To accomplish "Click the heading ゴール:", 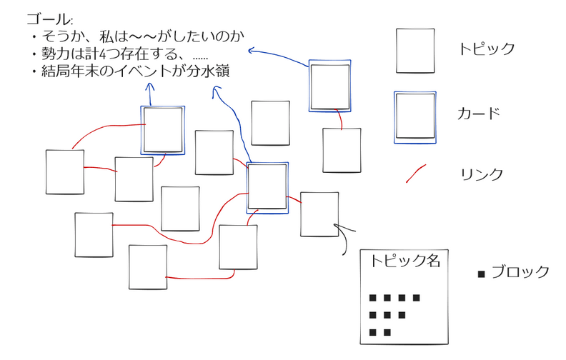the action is coord(49,19).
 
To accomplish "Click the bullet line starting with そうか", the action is coord(138,36).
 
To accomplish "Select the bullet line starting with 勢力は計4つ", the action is coord(120,54).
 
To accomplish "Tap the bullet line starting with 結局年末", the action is coord(131,71).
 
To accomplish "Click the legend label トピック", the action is coord(487,49).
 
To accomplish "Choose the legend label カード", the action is coord(479,114).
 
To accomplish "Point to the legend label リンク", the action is coord(482,174).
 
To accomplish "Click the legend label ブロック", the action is coord(520,272).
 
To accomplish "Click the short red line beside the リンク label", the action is coord(415,174).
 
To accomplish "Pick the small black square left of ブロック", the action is coord(481,274).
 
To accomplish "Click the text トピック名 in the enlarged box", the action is coord(405,261).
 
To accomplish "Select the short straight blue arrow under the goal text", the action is coord(150,94).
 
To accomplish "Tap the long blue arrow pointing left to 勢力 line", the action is coord(279,55).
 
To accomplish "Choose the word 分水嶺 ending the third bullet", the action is coord(208,71).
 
